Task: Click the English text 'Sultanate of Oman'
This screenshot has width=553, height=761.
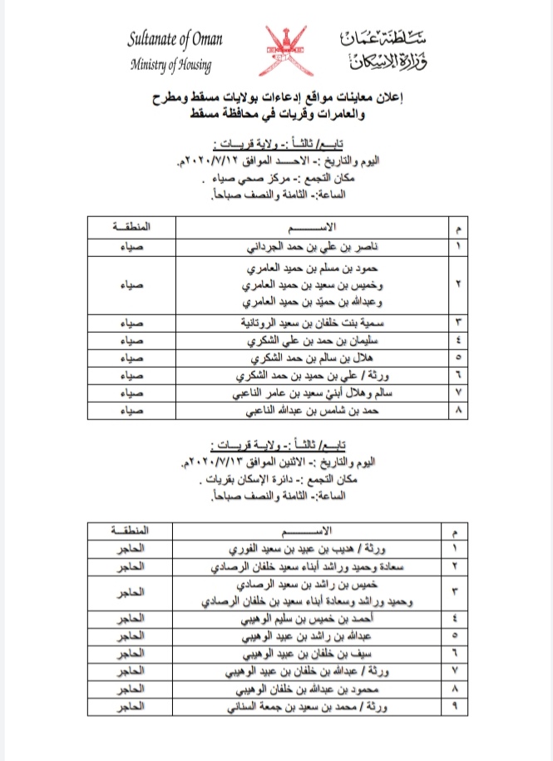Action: coord(175,39)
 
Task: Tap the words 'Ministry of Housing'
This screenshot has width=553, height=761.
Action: coord(170,65)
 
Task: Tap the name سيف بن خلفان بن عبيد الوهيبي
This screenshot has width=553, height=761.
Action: coord(327,654)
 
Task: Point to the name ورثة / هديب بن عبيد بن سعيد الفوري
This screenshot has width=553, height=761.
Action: coord(319,548)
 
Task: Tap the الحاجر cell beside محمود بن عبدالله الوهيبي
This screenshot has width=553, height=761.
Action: coord(135,689)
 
